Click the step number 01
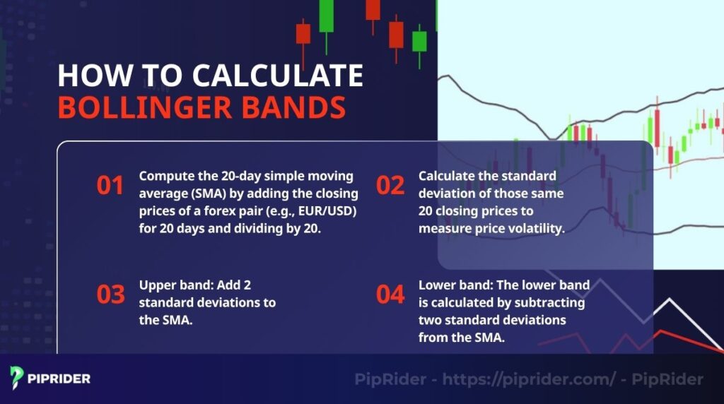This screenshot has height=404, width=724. click(110, 185)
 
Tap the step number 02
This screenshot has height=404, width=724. click(390, 185)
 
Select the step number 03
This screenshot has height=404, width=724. click(110, 294)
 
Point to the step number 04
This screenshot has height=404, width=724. click(390, 294)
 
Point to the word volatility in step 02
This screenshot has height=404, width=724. click(531, 228)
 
